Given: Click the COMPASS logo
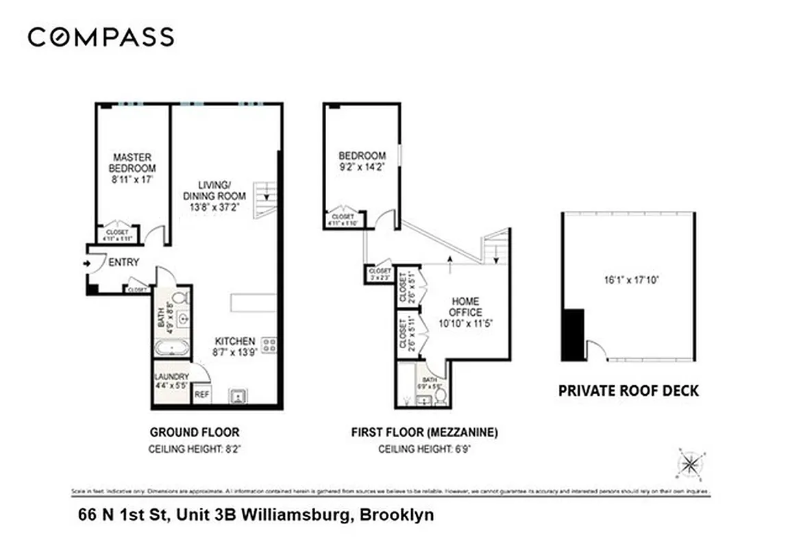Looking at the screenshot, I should click(x=101, y=37).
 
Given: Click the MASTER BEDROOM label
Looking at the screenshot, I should click(x=132, y=162).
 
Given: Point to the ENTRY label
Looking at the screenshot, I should click(x=123, y=262).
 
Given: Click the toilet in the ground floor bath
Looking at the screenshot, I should click(x=180, y=299).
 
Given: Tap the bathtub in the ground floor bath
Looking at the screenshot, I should click(x=171, y=348).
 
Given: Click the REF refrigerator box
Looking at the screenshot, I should click(x=201, y=395).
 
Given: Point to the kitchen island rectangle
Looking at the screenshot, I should click(x=253, y=302).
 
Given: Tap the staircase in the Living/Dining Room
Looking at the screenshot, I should click(x=266, y=199).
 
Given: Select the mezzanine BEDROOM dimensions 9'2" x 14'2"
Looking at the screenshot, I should click(x=362, y=166).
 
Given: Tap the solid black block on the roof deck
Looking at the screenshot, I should click(x=572, y=334).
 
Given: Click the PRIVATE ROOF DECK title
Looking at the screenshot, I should click(x=628, y=391).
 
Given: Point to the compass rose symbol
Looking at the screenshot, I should click(x=689, y=465).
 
